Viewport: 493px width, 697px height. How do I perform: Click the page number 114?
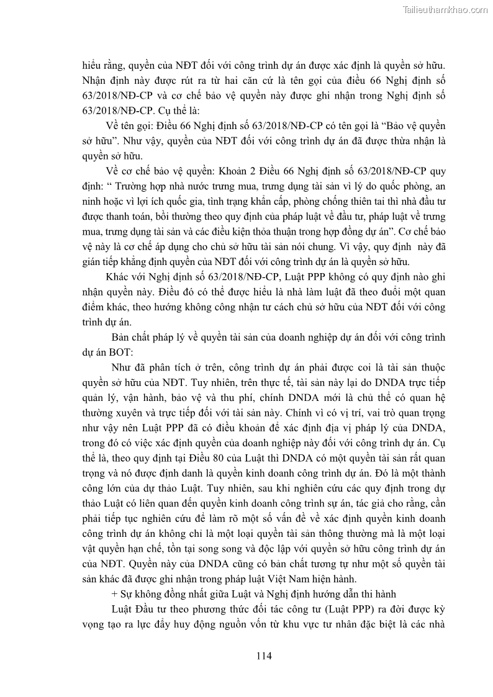pos(264,655)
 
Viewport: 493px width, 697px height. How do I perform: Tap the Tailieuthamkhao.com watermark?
pos(445,10)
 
